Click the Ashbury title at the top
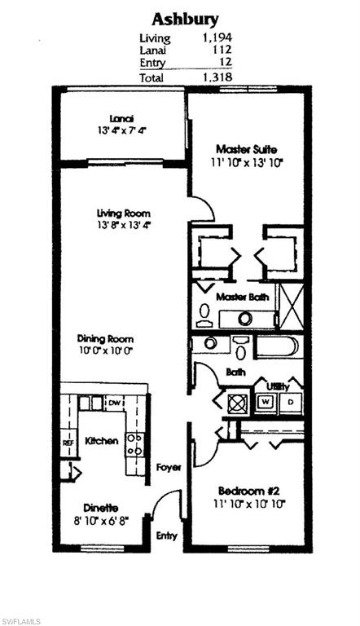185,19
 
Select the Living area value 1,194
217,38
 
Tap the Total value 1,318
217,77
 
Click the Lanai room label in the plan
121,117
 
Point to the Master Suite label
247,150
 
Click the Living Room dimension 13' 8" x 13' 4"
123,226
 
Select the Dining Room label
105,339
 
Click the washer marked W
266,402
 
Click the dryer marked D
291,402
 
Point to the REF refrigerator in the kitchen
68,443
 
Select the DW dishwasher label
114,403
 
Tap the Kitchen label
102,441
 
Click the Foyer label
169,468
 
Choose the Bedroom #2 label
248,491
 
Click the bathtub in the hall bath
277,346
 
